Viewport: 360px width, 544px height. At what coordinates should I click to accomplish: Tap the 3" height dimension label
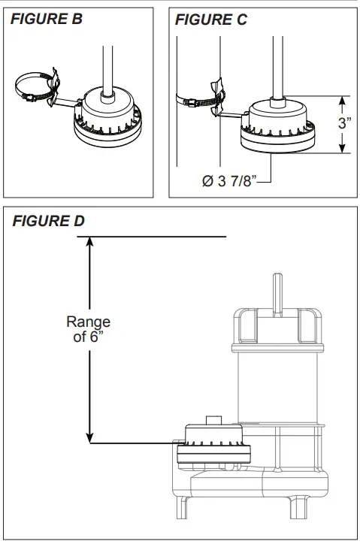point(345,122)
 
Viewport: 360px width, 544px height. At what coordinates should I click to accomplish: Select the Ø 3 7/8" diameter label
point(230,181)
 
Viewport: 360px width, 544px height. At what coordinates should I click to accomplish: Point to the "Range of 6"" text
point(88,328)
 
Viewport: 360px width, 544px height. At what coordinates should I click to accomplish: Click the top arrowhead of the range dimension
point(90,242)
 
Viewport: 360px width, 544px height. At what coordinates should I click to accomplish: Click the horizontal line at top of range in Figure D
point(150,237)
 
